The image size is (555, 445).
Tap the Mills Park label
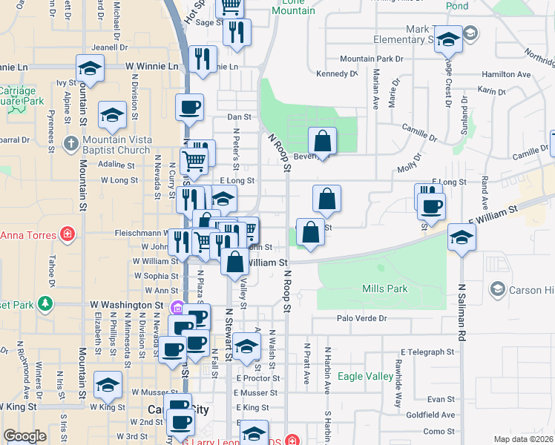click(384, 288)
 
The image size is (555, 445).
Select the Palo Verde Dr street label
click(362, 318)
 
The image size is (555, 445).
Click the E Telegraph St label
click(427, 352)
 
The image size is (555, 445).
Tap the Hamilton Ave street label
click(506, 75)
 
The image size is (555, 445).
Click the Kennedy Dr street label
click(337, 74)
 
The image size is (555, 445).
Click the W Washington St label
click(126, 305)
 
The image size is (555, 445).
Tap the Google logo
click(25, 436)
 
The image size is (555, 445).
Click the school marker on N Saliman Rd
click(462, 237)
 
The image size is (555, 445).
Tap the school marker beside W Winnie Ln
click(90, 68)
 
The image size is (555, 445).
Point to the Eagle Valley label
click(365, 376)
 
